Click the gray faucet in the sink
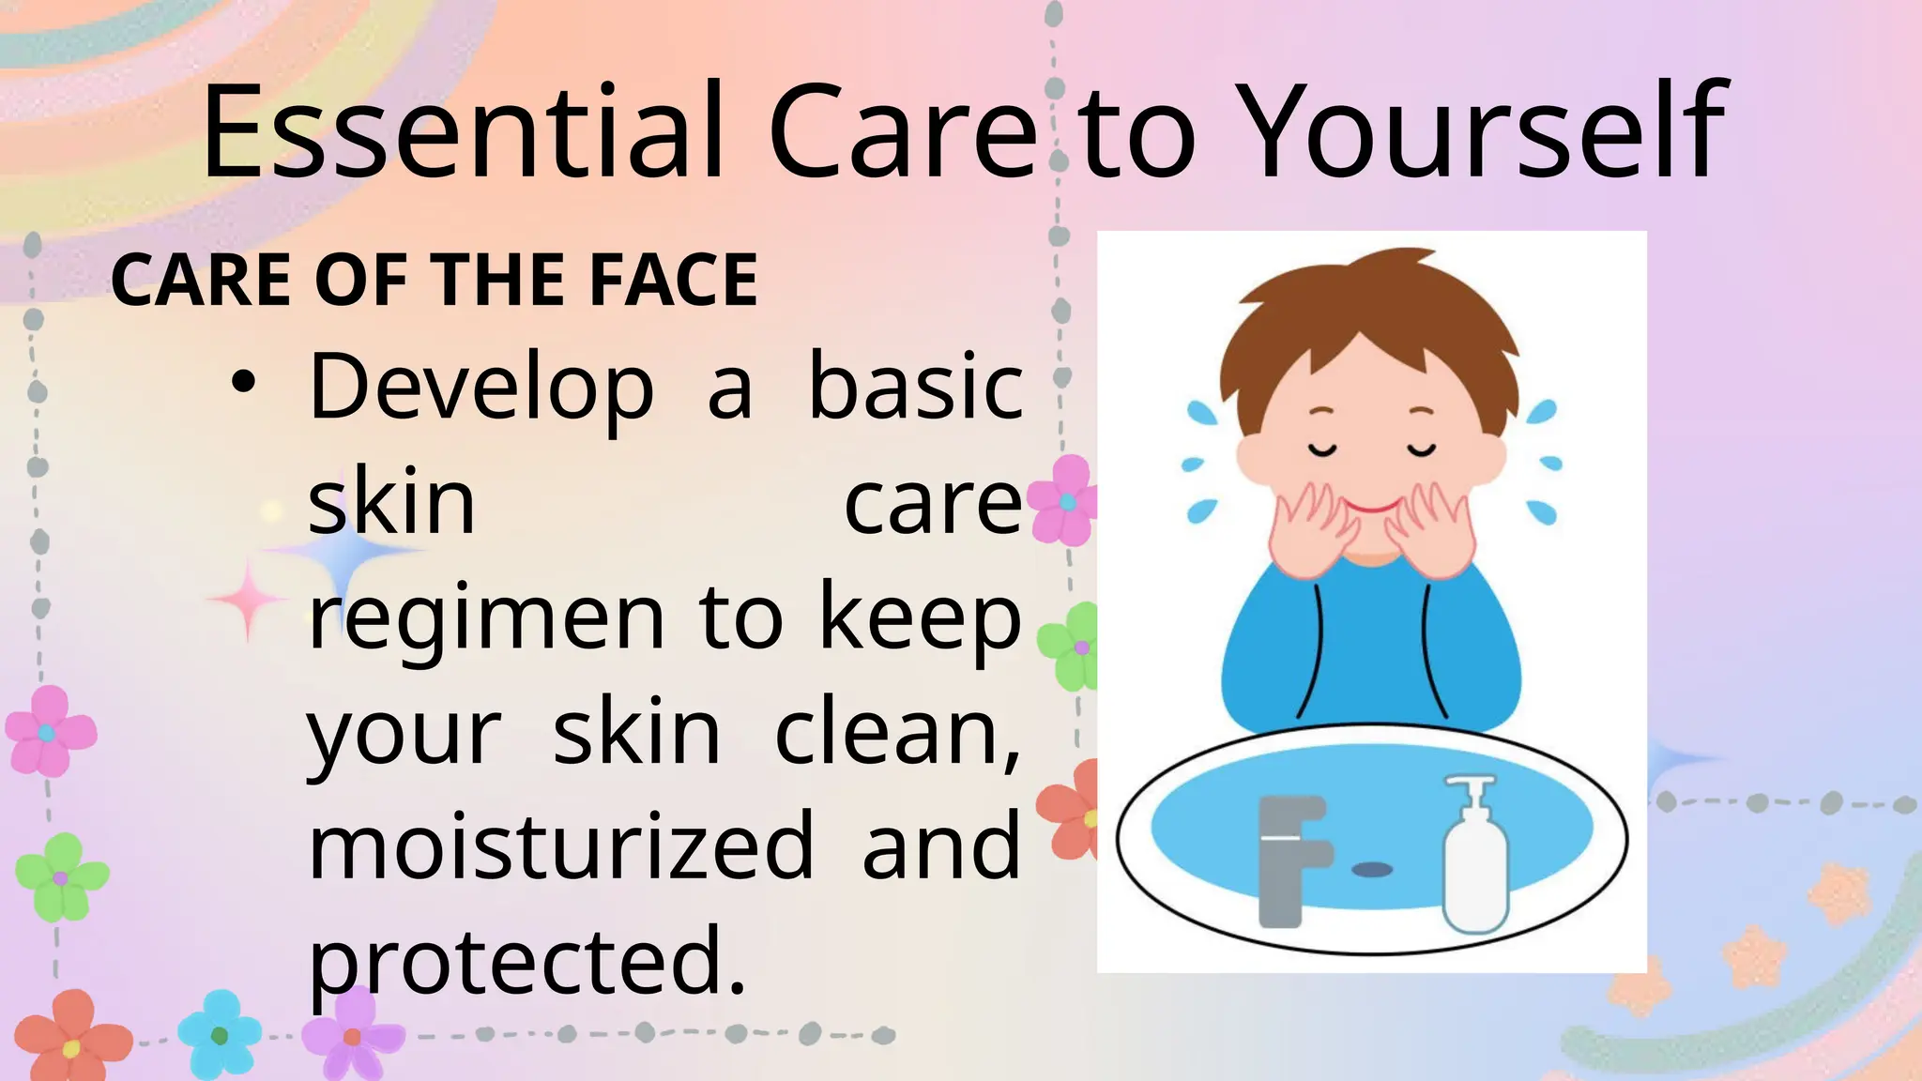pos(1289,859)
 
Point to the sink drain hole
pos(1372,870)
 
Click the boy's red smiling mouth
pos(1371,509)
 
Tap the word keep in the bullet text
pos(920,619)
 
